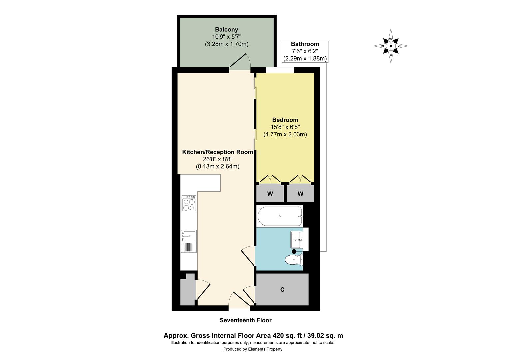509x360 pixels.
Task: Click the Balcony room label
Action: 226,30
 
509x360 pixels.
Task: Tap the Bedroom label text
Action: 285,120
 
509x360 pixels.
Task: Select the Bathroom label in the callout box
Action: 305,44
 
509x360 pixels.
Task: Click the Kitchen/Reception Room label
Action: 218,152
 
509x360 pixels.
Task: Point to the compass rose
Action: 391,46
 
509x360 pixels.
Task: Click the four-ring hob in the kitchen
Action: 189,204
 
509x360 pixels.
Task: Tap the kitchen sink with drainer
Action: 189,241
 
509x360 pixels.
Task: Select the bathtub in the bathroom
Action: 280,216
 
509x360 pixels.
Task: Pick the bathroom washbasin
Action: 297,240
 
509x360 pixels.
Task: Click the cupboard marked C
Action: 282,289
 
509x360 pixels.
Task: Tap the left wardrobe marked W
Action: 270,194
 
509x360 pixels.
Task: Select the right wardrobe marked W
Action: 300,194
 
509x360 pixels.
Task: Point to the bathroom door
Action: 248,256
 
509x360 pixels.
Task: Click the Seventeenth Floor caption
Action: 246,320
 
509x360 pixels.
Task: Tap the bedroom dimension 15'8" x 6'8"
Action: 285,127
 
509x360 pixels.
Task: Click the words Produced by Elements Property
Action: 253,349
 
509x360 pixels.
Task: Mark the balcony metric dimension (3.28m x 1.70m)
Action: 227,44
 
